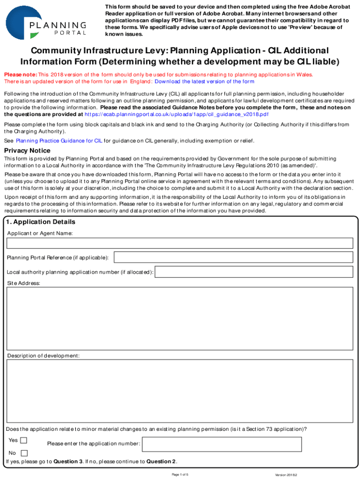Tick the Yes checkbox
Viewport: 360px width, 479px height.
click(x=24, y=440)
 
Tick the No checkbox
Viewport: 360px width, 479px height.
click(x=24, y=453)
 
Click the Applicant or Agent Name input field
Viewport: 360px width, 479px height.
click(x=180, y=243)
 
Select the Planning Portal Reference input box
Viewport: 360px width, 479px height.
click(x=233, y=257)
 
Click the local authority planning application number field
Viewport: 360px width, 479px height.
click(x=254, y=272)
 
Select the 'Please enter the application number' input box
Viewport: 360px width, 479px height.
click(x=247, y=444)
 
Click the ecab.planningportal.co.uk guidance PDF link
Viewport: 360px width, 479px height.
click(x=177, y=114)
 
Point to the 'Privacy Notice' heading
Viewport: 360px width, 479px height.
click(x=27, y=151)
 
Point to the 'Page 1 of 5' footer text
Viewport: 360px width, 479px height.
click(x=180, y=475)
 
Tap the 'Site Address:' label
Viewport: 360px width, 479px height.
click(x=23, y=283)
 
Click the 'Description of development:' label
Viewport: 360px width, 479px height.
click(x=43, y=356)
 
